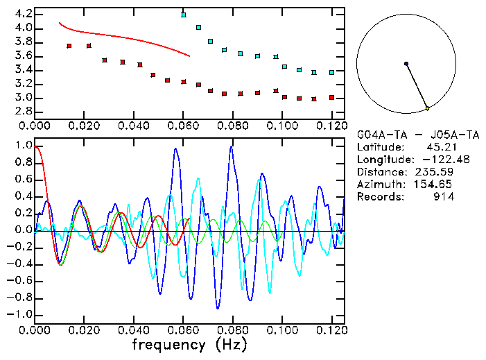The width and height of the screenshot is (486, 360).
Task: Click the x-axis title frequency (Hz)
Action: [189, 344]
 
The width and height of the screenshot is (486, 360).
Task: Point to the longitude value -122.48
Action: [434, 160]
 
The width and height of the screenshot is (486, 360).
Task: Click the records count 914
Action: [444, 197]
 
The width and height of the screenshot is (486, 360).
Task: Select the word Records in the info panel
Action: [379, 197]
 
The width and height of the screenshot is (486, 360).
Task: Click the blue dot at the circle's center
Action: [406, 64]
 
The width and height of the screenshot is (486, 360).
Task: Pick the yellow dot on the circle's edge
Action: [428, 108]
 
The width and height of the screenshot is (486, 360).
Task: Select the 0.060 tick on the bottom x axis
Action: [184, 329]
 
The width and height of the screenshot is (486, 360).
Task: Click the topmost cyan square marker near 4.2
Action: [184, 15]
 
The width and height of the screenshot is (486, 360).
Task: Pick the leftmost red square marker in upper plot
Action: [69, 46]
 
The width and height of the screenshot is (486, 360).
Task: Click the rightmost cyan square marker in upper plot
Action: [332, 72]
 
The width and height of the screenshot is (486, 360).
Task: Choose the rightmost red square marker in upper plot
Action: [332, 97]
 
